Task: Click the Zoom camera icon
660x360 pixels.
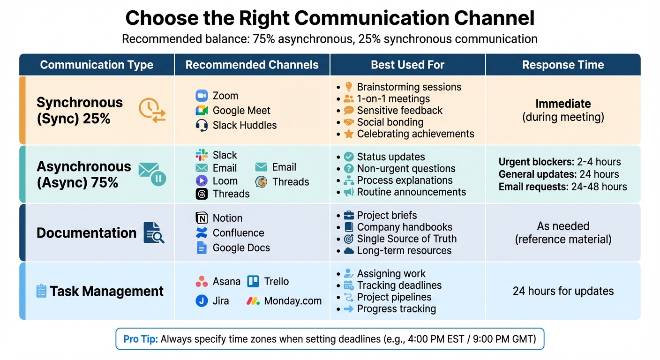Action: pyautogui.click(x=202, y=96)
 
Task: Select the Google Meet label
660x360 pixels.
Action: pyautogui.click(x=241, y=111)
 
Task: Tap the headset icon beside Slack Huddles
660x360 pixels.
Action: pyautogui.click(x=202, y=125)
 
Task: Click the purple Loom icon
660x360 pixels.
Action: pyautogui.click(x=202, y=181)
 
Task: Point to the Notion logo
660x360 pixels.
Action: pyautogui.click(x=202, y=218)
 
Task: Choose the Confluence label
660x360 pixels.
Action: pyautogui.click(x=238, y=233)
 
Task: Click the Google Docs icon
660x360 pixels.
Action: pyautogui.click(x=202, y=247)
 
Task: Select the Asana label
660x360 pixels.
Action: pyautogui.click(x=226, y=281)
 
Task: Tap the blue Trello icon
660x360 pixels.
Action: pyautogui.click(x=253, y=281)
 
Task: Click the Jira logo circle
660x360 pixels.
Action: pyautogui.click(x=202, y=301)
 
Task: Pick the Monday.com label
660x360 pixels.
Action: pyautogui.click(x=292, y=301)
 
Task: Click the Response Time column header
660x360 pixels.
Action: pyautogui.click(x=563, y=65)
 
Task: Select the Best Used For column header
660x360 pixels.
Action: pyautogui.click(x=407, y=65)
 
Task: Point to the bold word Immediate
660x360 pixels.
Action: pyautogui.click(x=563, y=104)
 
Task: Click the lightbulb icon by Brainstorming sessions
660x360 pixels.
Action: pyautogui.click(x=348, y=87)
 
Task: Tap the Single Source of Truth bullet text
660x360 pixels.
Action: pyautogui.click(x=406, y=239)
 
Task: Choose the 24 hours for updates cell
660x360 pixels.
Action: pyautogui.click(x=563, y=291)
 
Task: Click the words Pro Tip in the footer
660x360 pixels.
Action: pyautogui.click(x=141, y=339)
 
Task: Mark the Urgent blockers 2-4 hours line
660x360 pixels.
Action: pyautogui.click(x=560, y=162)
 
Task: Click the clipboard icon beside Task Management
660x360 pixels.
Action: pyautogui.click(x=41, y=291)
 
